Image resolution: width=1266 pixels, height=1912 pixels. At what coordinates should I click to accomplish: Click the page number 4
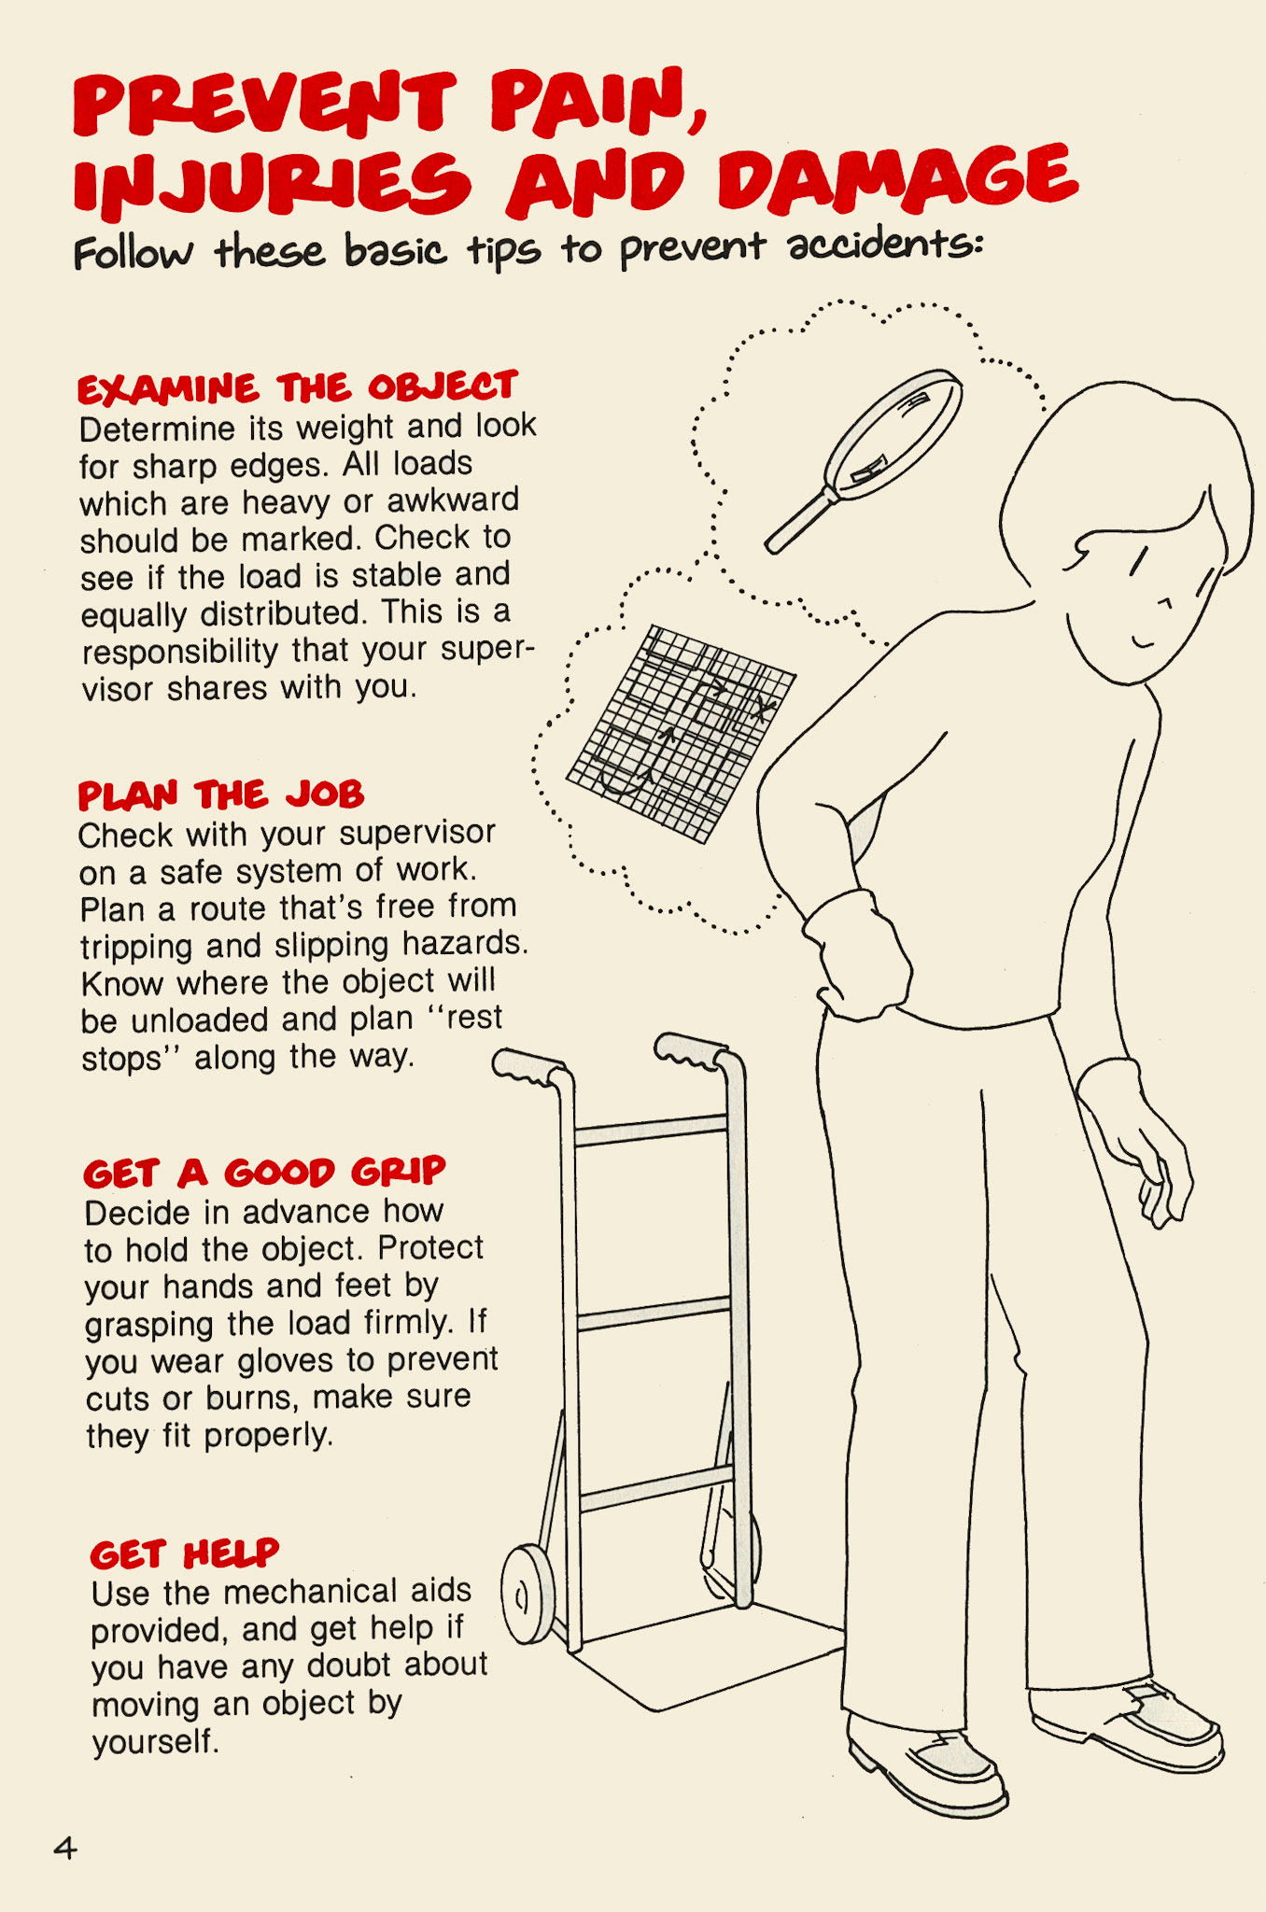click(x=64, y=1848)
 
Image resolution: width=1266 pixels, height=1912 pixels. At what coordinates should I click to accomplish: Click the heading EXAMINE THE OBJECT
click(x=297, y=387)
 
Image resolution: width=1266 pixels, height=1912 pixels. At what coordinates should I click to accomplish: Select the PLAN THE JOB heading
click(x=220, y=794)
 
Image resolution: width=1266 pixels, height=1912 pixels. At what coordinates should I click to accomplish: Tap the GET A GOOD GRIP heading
click(x=264, y=1172)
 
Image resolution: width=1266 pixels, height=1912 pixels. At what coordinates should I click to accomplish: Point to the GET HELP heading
click(x=184, y=1554)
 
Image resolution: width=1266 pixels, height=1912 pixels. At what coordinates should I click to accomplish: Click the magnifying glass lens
click(x=894, y=431)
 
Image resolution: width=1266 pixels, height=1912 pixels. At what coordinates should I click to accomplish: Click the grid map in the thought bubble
click(x=681, y=733)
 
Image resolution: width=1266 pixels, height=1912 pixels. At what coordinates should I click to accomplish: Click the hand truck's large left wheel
click(x=527, y=1595)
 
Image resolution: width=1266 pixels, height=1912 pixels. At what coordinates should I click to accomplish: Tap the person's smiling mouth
click(x=1143, y=643)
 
